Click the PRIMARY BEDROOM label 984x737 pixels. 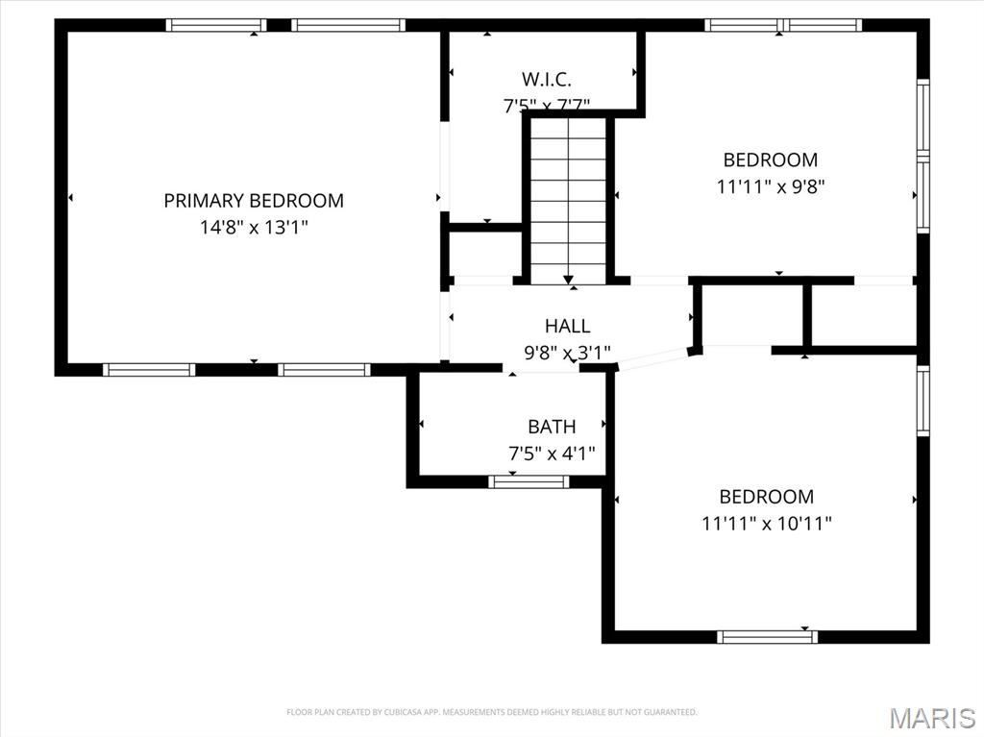254,201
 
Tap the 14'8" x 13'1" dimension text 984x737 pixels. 254,228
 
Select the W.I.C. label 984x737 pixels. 547,80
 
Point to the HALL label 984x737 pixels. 567,327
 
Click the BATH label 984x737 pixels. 552,427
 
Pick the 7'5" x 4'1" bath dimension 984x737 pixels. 552,454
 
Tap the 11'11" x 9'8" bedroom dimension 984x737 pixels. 771,186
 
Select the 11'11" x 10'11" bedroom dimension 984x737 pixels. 767,524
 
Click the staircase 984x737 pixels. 568,197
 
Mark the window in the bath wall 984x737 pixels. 529,481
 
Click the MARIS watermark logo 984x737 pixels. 932,718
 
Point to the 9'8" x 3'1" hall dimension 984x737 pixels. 567,353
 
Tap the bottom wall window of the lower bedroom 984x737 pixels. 768,636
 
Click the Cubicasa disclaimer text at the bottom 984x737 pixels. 492,712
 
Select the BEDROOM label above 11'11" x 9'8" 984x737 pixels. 771,160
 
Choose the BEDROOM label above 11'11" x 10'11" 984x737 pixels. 767,497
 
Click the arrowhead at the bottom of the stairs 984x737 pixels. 568,279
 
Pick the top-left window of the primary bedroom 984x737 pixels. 216,25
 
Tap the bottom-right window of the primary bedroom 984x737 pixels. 324,369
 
